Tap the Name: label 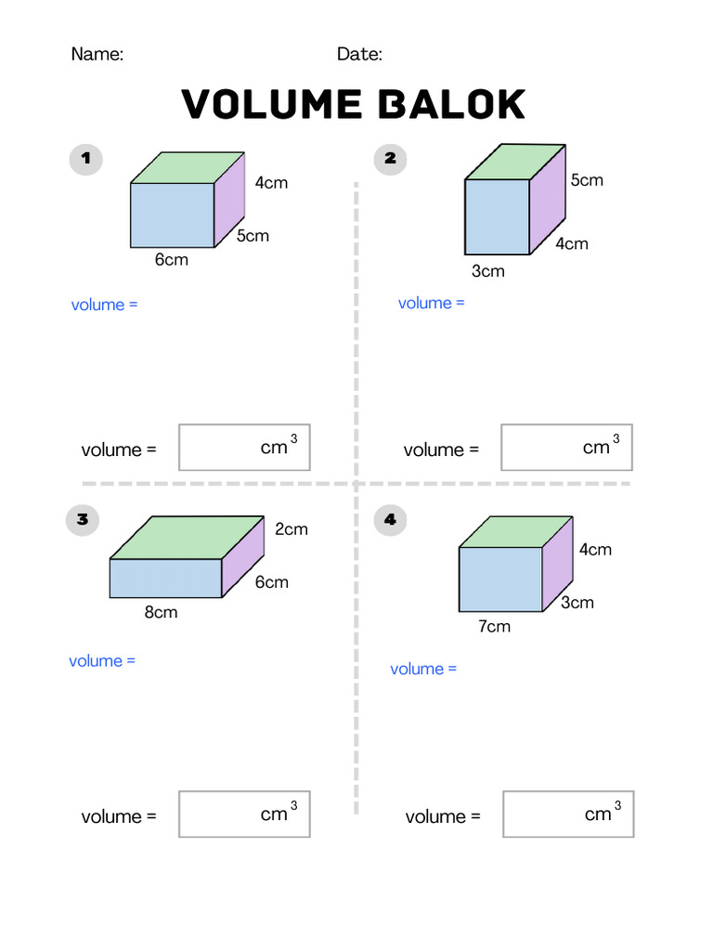point(97,54)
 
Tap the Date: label point(359,54)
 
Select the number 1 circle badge point(86,159)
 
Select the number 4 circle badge point(390,520)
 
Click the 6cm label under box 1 point(172,260)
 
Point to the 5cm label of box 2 point(587,180)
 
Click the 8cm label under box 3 point(161,613)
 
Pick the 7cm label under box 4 point(494,627)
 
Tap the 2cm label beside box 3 point(291,529)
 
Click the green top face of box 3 point(186,538)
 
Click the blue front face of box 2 point(497,216)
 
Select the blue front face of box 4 point(500,580)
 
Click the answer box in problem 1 point(244,448)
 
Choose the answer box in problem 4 point(568,814)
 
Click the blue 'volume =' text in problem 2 point(431,303)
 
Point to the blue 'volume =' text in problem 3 point(102,661)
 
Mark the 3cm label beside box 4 point(577,603)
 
